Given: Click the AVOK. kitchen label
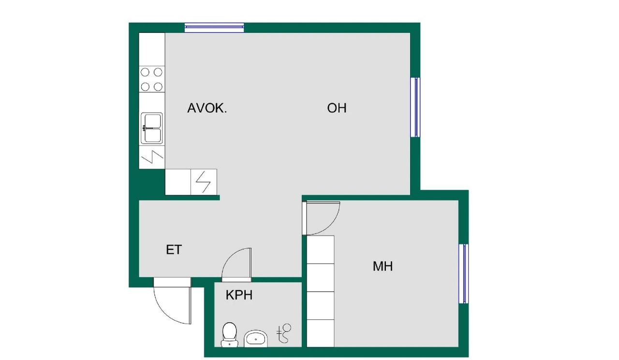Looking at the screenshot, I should (x=207, y=108).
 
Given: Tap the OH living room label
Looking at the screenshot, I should (x=337, y=108).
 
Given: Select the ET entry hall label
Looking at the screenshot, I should (x=174, y=250).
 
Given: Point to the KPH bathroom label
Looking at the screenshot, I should (x=239, y=295).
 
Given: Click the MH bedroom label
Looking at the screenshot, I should (x=383, y=266).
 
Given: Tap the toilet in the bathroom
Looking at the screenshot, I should (x=229, y=334).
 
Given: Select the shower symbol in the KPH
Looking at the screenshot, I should (x=284, y=333).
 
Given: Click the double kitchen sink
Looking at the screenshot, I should (x=152, y=128).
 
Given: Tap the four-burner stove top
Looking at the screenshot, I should (x=152, y=80).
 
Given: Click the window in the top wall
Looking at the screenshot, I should (x=214, y=28).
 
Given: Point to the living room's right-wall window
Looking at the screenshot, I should (x=415, y=107).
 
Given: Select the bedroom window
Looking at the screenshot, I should (x=463, y=274).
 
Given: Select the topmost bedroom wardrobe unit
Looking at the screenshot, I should (x=321, y=249).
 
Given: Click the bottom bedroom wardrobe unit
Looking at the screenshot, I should (x=321, y=333).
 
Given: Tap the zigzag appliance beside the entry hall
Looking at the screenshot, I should (x=204, y=182).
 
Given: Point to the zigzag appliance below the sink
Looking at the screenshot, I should (x=152, y=158).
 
